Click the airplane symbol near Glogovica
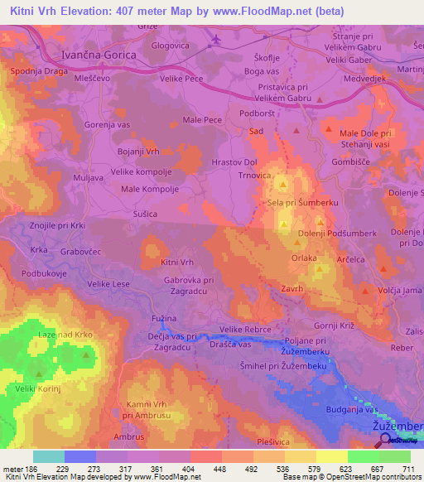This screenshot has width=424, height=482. click(x=217, y=39)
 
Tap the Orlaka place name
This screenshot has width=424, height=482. click(x=304, y=258)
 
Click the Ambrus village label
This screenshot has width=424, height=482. click(x=128, y=436)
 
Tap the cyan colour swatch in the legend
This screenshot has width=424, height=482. click(x=49, y=456)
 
